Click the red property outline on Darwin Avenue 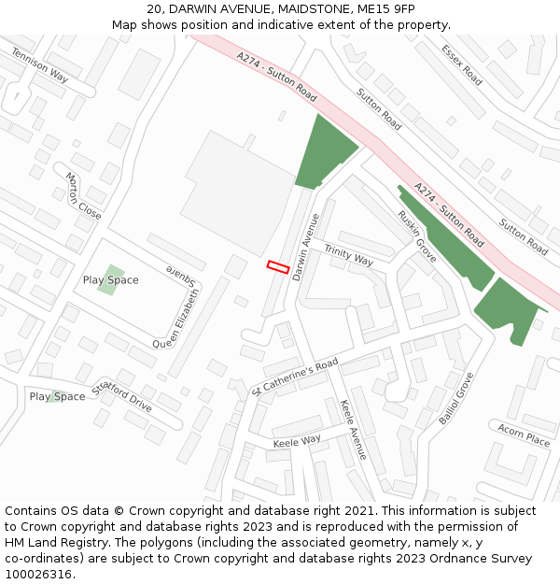(277, 266)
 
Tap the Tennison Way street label (39, 64)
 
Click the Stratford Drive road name (121, 397)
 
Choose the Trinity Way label (348, 256)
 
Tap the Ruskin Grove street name (416, 235)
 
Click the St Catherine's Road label (295, 374)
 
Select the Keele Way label (296, 439)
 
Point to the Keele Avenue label (354, 429)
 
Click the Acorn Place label (523, 434)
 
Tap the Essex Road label (462, 65)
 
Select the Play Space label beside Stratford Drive (57, 396)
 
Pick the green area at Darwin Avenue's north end (324, 152)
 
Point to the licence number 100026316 (40, 574)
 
